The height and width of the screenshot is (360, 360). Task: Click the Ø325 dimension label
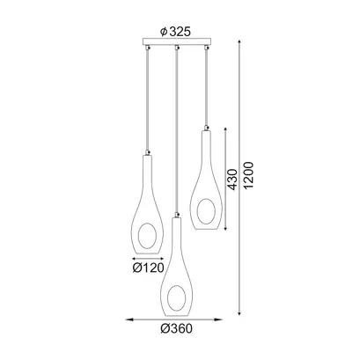point(176,32)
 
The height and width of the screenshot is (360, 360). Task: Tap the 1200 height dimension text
point(248,175)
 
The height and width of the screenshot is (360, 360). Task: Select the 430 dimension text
point(232,180)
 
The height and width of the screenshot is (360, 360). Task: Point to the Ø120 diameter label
point(148,268)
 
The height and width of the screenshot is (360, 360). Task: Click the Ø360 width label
point(177,328)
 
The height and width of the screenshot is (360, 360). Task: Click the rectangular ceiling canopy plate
point(177,41)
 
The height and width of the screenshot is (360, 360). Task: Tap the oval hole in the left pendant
point(147,236)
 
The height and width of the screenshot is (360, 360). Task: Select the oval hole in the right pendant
point(206,211)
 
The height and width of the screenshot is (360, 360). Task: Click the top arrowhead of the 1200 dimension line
point(239,42)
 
